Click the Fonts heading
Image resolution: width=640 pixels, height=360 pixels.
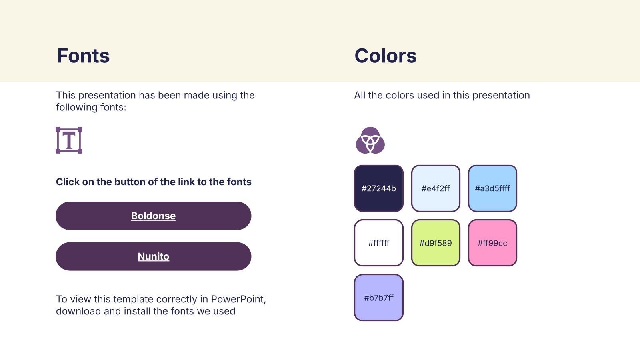[83, 56]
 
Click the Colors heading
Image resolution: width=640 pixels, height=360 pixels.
[386, 56]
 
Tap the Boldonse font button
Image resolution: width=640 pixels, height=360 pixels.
[154, 216]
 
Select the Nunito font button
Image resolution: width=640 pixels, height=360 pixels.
[154, 256]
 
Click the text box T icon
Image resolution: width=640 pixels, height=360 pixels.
[69, 140]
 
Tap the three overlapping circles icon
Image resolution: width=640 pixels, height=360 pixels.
[370, 140]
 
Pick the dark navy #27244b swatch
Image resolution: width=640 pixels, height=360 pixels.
[378, 188]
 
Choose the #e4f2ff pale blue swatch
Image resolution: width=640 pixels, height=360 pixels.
[436, 188]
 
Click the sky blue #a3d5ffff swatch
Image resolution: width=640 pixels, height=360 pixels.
[492, 188]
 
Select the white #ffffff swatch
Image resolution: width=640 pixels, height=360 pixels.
[378, 243]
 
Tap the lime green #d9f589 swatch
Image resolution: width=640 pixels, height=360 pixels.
[436, 243]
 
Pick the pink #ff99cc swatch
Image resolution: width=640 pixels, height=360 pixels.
[492, 243]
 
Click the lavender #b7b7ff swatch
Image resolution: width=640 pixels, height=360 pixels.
[378, 298]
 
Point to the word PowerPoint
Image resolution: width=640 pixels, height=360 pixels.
[238, 299]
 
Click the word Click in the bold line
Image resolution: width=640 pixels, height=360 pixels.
[68, 182]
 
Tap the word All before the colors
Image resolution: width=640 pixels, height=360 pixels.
[360, 95]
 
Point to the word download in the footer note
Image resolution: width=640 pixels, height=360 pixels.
[78, 311]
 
